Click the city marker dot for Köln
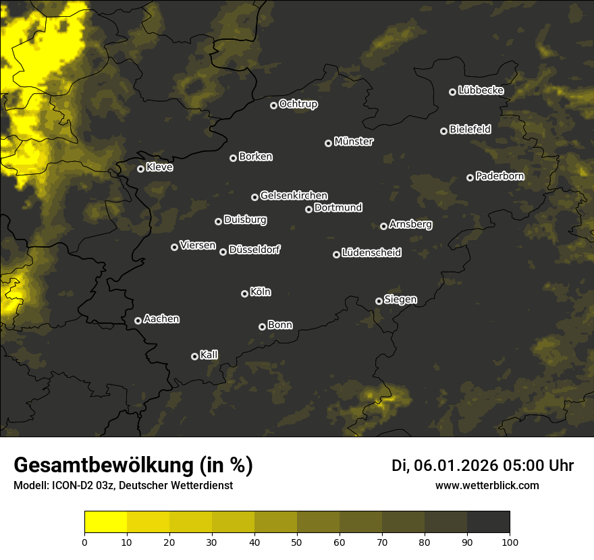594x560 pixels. pos(244,293)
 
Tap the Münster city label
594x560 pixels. pos(354,142)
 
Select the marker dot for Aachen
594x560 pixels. pos(138,320)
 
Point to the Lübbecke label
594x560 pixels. pos(481,90)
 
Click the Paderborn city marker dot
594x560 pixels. pos(470,177)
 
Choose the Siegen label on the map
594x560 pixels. pos(400,300)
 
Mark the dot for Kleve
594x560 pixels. pos(140,169)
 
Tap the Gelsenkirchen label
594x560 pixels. pos(294,196)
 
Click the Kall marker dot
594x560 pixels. pos(194,356)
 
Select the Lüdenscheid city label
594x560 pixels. pos(371,253)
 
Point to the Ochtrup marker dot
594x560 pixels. pos(273,105)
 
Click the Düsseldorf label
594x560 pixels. pos(254,250)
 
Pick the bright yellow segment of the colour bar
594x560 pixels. pos(106,522)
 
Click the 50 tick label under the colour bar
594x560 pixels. pos(297,542)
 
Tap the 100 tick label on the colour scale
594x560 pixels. pos(510,542)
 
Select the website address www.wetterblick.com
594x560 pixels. pos(487,485)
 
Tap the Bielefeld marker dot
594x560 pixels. pos(443,131)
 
